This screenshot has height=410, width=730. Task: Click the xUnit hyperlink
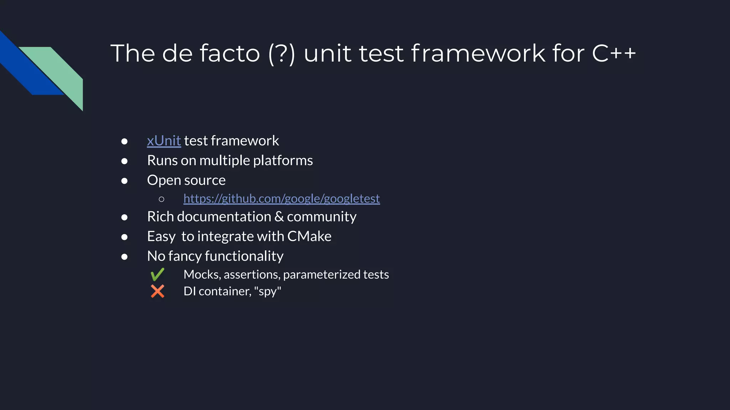pyautogui.click(x=164, y=141)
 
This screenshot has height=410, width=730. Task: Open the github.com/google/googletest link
pyautogui.click(x=282, y=199)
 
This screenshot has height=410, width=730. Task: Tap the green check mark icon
pyautogui.click(x=157, y=274)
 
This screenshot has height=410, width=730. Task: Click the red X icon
pyautogui.click(x=157, y=291)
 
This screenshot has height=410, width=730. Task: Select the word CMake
pyautogui.click(x=309, y=236)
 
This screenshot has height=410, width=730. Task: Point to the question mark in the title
pyautogui.click(x=282, y=53)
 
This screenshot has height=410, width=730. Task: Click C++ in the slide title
pyautogui.click(x=614, y=53)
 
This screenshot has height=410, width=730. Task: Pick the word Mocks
pyautogui.click(x=202, y=274)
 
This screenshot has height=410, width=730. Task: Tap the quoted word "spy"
pyautogui.click(x=268, y=291)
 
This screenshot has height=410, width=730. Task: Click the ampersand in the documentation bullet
pyautogui.click(x=279, y=217)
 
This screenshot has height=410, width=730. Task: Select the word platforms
pyautogui.click(x=283, y=161)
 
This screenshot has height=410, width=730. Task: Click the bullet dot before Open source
pyautogui.click(x=124, y=181)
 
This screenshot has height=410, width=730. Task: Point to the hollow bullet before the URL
pyautogui.click(x=161, y=199)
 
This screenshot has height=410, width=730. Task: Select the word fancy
pyautogui.click(x=185, y=256)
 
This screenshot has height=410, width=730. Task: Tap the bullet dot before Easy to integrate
pyautogui.click(x=124, y=237)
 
